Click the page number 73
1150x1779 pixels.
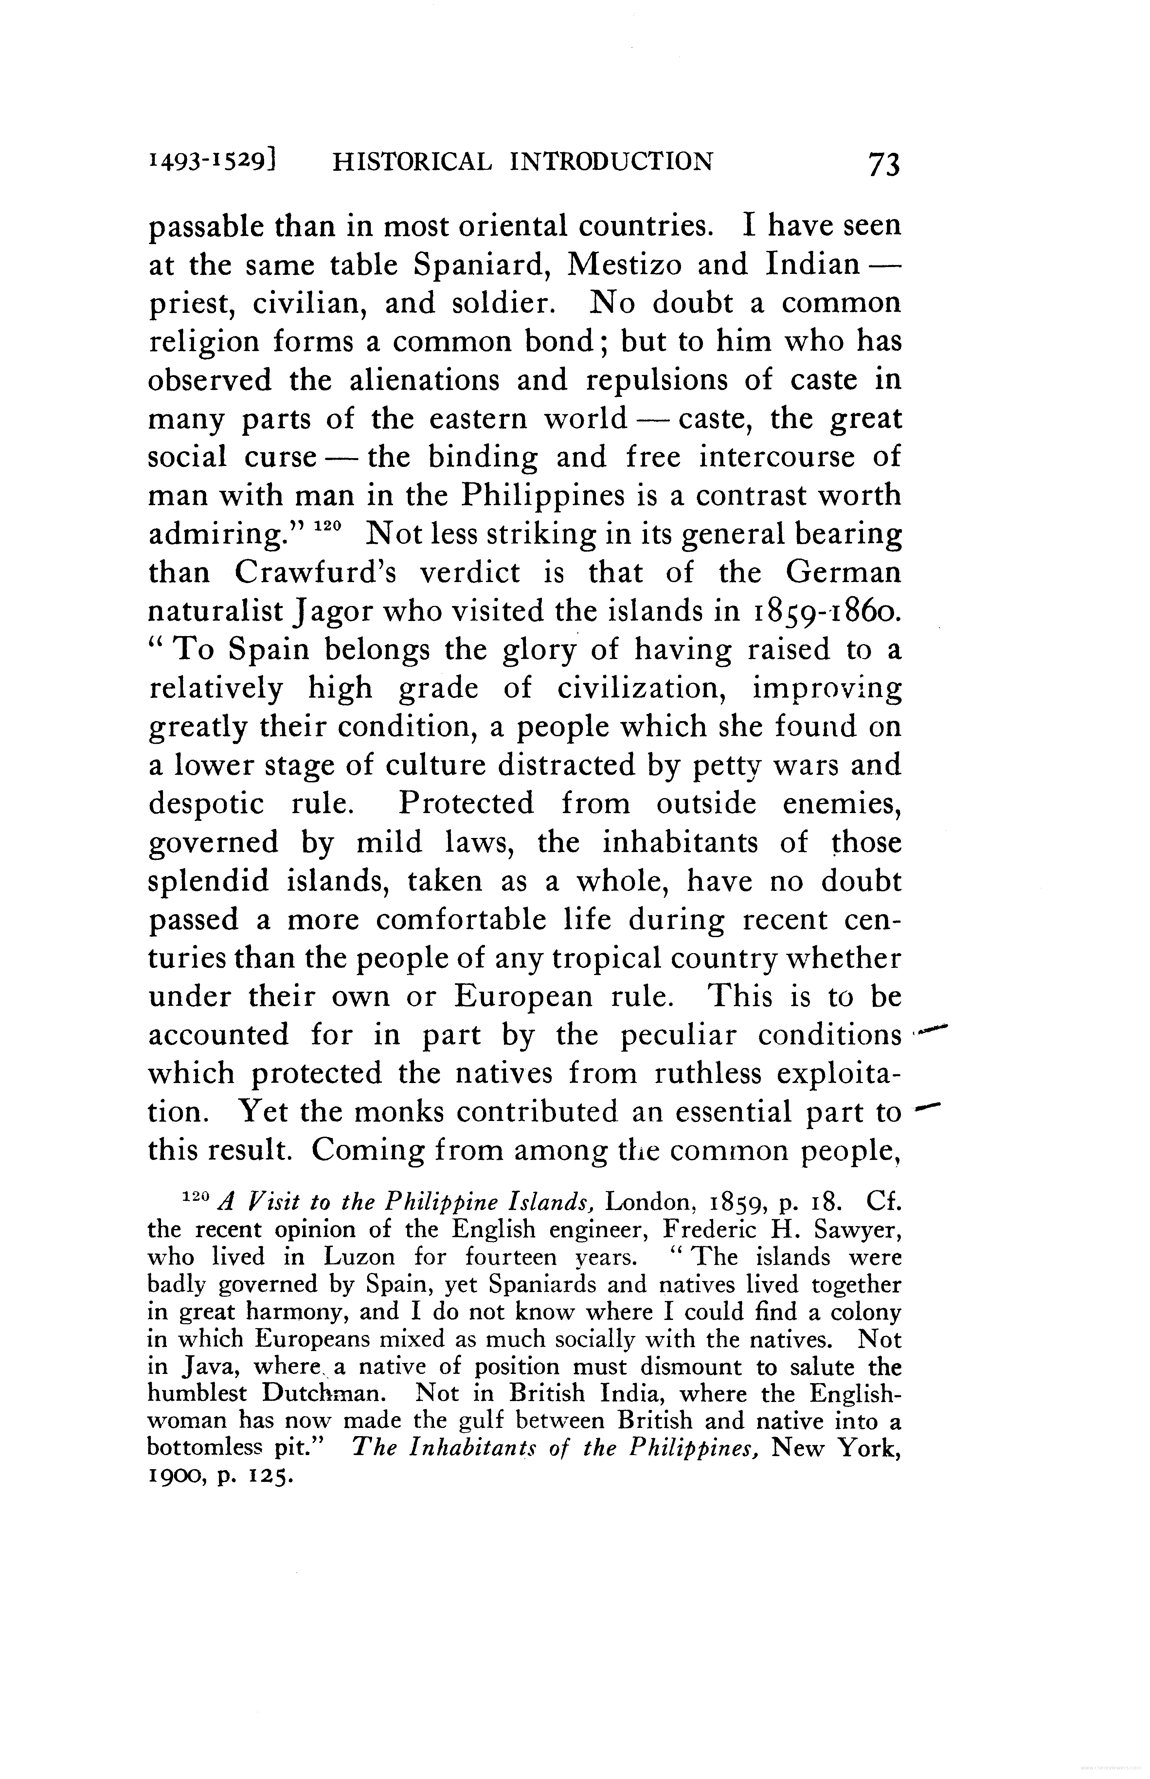point(883,164)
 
